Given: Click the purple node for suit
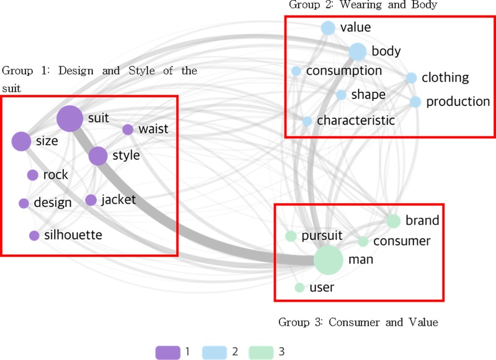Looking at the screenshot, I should [x=70, y=118].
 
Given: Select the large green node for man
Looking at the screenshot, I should [x=329, y=260].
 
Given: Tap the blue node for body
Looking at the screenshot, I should [x=357, y=51].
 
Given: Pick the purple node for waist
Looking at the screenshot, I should [x=128, y=130].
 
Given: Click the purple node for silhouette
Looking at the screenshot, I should [x=34, y=235].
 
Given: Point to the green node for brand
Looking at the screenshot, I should [x=393, y=221].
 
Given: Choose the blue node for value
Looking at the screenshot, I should [x=328, y=28].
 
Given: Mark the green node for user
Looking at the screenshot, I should [x=299, y=288].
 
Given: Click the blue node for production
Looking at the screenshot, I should [x=415, y=102].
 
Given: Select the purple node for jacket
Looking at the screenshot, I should [x=91, y=200].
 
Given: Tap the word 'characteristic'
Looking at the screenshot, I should [x=356, y=121].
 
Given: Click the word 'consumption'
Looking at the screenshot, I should [x=344, y=71].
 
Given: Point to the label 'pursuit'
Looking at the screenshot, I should [x=322, y=236].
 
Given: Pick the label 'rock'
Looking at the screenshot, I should [x=56, y=175].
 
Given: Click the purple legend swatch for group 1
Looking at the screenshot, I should [x=167, y=352].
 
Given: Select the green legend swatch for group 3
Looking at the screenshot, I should [x=261, y=352].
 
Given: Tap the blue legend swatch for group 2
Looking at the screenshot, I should [x=215, y=352].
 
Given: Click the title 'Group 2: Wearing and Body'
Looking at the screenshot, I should [x=363, y=6].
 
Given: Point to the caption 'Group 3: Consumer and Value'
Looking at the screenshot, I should [x=358, y=322].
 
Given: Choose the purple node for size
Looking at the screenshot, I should [x=21, y=141].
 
